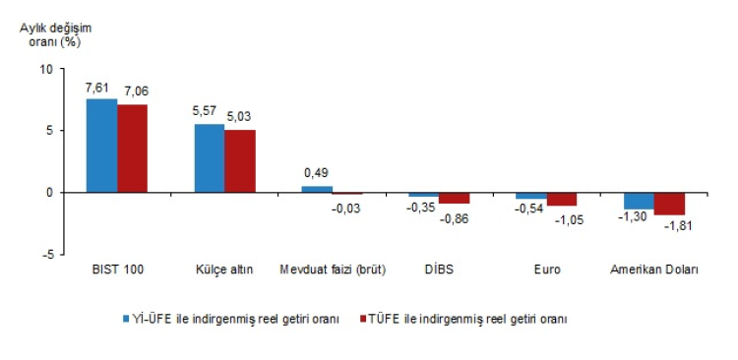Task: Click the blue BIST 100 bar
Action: coord(101,146)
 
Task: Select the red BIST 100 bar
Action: coord(132,149)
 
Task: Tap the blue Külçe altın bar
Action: coord(210,158)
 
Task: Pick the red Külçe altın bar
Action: coord(240,161)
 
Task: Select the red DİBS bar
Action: coord(455,198)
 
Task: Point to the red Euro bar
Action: coord(562,199)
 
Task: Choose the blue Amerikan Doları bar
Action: coord(639,201)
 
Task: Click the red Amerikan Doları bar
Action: coord(669,204)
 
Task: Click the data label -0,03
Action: coord(346,208)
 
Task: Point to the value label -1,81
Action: coord(678,226)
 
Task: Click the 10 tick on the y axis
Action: coord(45,69)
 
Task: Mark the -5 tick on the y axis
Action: coord(46,255)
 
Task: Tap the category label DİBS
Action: coord(438,270)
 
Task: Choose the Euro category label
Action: coord(548,270)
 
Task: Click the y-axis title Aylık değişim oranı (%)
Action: coord(55,34)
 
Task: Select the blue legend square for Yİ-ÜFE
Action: coord(126,320)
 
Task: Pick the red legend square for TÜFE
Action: coord(362,320)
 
